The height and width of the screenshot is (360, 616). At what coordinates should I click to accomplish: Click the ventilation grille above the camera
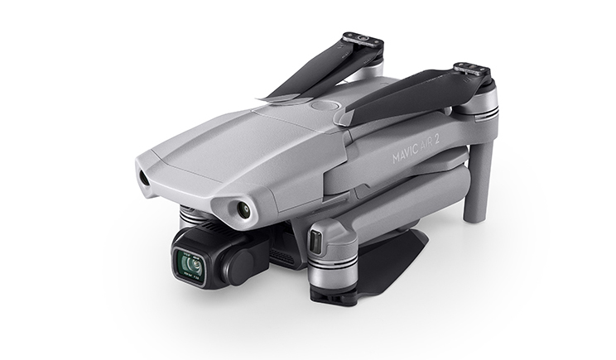202,226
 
